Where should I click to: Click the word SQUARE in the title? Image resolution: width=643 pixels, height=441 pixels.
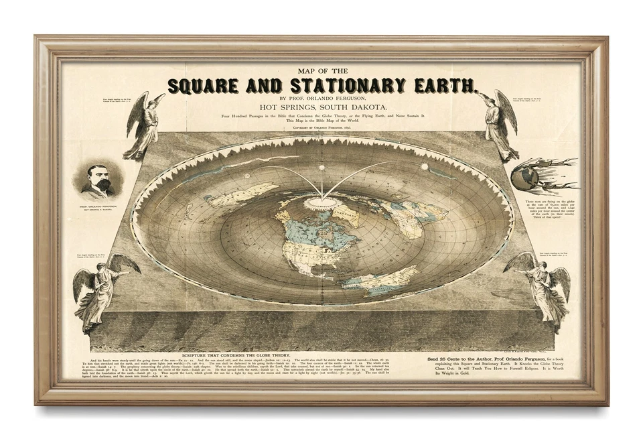coord(203,86)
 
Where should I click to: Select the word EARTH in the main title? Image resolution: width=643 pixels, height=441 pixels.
coord(445,86)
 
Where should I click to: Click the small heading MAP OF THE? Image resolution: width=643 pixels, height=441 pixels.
coord(321,70)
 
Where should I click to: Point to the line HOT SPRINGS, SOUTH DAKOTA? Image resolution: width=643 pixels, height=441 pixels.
coord(321,106)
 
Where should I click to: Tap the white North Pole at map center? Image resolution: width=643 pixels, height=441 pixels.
coord(321,202)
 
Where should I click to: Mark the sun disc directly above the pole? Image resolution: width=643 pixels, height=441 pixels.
coord(321,168)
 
